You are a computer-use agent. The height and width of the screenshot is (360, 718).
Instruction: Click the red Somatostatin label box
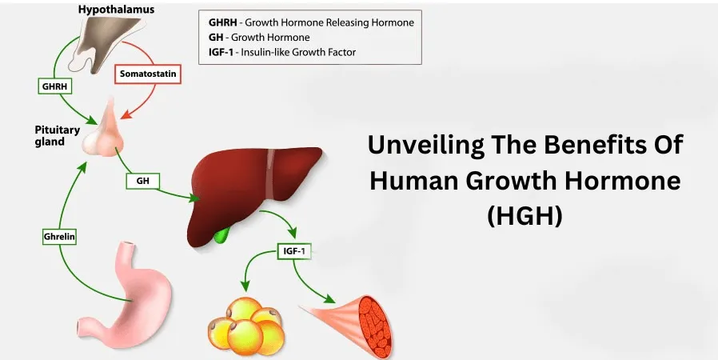pyautogui.click(x=148, y=74)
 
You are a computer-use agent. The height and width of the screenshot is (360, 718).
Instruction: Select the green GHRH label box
pyautogui.click(x=55, y=86)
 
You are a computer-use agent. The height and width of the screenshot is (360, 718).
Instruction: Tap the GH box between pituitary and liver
pyautogui.click(x=143, y=182)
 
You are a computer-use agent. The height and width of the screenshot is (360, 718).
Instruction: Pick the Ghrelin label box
pyautogui.click(x=59, y=237)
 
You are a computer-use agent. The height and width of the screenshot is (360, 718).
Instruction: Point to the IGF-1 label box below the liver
pyautogui.click(x=294, y=251)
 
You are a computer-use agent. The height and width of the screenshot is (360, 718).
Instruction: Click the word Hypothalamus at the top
pyautogui.click(x=116, y=9)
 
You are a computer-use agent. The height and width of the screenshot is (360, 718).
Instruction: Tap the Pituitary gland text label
pyautogui.click(x=58, y=135)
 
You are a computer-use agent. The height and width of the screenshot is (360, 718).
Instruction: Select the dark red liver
pyautogui.click(x=252, y=192)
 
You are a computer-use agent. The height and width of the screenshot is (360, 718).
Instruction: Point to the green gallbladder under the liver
pyautogui.click(x=223, y=235)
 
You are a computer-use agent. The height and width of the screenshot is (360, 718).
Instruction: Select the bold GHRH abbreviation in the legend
pyautogui.click(x=222, y=22)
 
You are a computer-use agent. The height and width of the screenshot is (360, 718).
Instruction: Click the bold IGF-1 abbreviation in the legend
pyautogui.click(x=221, y=52)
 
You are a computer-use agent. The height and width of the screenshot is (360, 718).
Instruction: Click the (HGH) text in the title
pyautogui.click(x=525, y=215)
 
